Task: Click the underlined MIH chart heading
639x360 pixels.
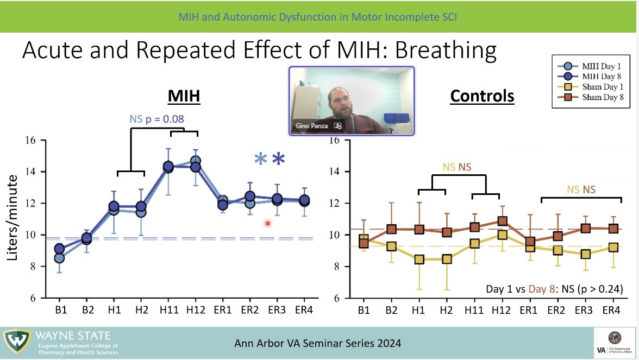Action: coord(184,97)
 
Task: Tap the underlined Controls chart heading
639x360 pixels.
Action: coord(482,97)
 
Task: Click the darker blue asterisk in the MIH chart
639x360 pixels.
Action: coord(278,160)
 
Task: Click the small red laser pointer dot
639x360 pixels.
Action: coord(268,223)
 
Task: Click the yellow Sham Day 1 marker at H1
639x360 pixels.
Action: coord(418,260)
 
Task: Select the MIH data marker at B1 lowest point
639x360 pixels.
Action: coord(59,257)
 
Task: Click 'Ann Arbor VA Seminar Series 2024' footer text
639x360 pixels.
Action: coord(318,343)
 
